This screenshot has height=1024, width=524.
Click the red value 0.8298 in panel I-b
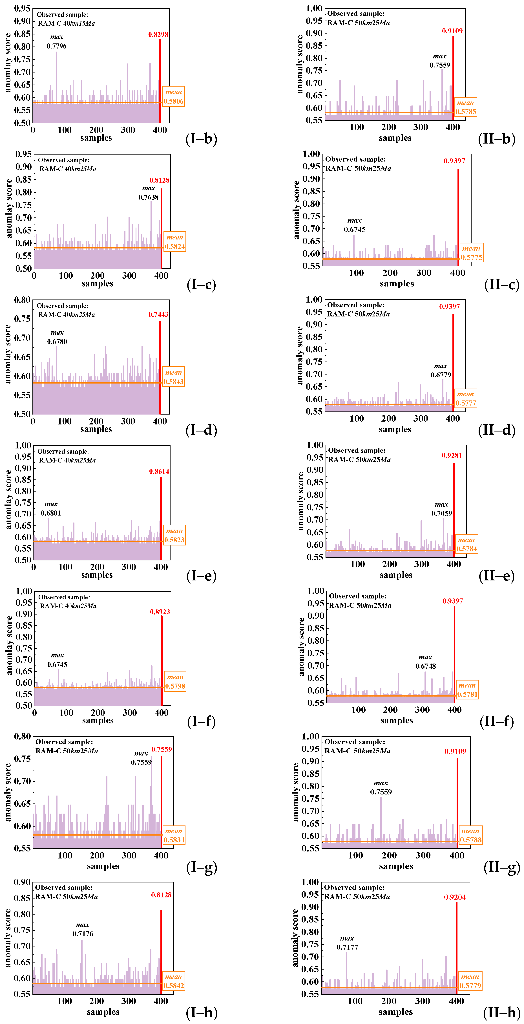coord(158,35)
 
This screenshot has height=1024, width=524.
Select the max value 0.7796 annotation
coord(56,46)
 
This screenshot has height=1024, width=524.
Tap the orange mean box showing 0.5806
coord(174,97)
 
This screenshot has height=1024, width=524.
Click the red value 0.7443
coord(158,314)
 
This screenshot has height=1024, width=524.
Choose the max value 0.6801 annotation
coord(51,513)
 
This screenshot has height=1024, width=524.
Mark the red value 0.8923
coord(160,612)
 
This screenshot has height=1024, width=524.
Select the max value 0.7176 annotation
coord(83,933)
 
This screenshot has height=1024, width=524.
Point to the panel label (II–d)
coord(497,430)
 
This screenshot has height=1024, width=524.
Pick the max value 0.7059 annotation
coord(441,513)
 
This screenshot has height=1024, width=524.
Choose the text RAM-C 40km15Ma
coord(66,23)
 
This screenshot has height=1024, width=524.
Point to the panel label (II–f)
coord(497,721)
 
